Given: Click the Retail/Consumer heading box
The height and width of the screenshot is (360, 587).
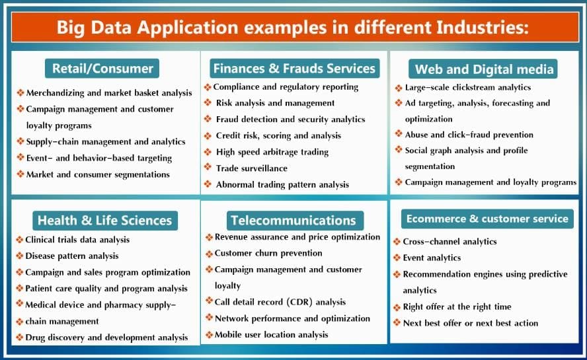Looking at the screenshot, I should (102, 68).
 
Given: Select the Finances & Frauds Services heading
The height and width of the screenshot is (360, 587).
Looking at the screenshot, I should (294, 68).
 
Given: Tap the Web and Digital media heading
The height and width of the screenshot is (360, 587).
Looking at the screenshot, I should (485, 69).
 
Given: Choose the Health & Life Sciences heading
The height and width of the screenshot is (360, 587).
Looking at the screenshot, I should (104, 221).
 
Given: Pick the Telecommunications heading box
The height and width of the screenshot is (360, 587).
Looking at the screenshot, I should (293, 221).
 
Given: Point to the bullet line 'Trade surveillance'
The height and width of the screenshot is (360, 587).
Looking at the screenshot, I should (252, 168).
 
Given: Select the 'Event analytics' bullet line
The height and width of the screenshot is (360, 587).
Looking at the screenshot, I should (432, 258).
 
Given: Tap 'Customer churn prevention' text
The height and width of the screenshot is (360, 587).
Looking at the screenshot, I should (268, 253).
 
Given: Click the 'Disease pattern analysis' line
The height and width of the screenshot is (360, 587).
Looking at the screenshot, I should (72, 256).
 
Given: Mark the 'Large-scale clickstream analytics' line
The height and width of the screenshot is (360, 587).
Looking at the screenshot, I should (468, 87).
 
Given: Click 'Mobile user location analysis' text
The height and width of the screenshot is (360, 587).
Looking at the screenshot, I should (271, 335).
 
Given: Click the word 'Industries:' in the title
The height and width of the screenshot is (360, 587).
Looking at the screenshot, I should (487, 28).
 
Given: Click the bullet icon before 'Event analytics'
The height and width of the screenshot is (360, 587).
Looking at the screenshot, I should (397, 258).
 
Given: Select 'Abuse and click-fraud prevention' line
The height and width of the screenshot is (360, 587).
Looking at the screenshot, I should (469, 135).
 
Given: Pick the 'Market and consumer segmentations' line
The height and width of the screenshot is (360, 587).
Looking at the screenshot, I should (98, 174).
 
